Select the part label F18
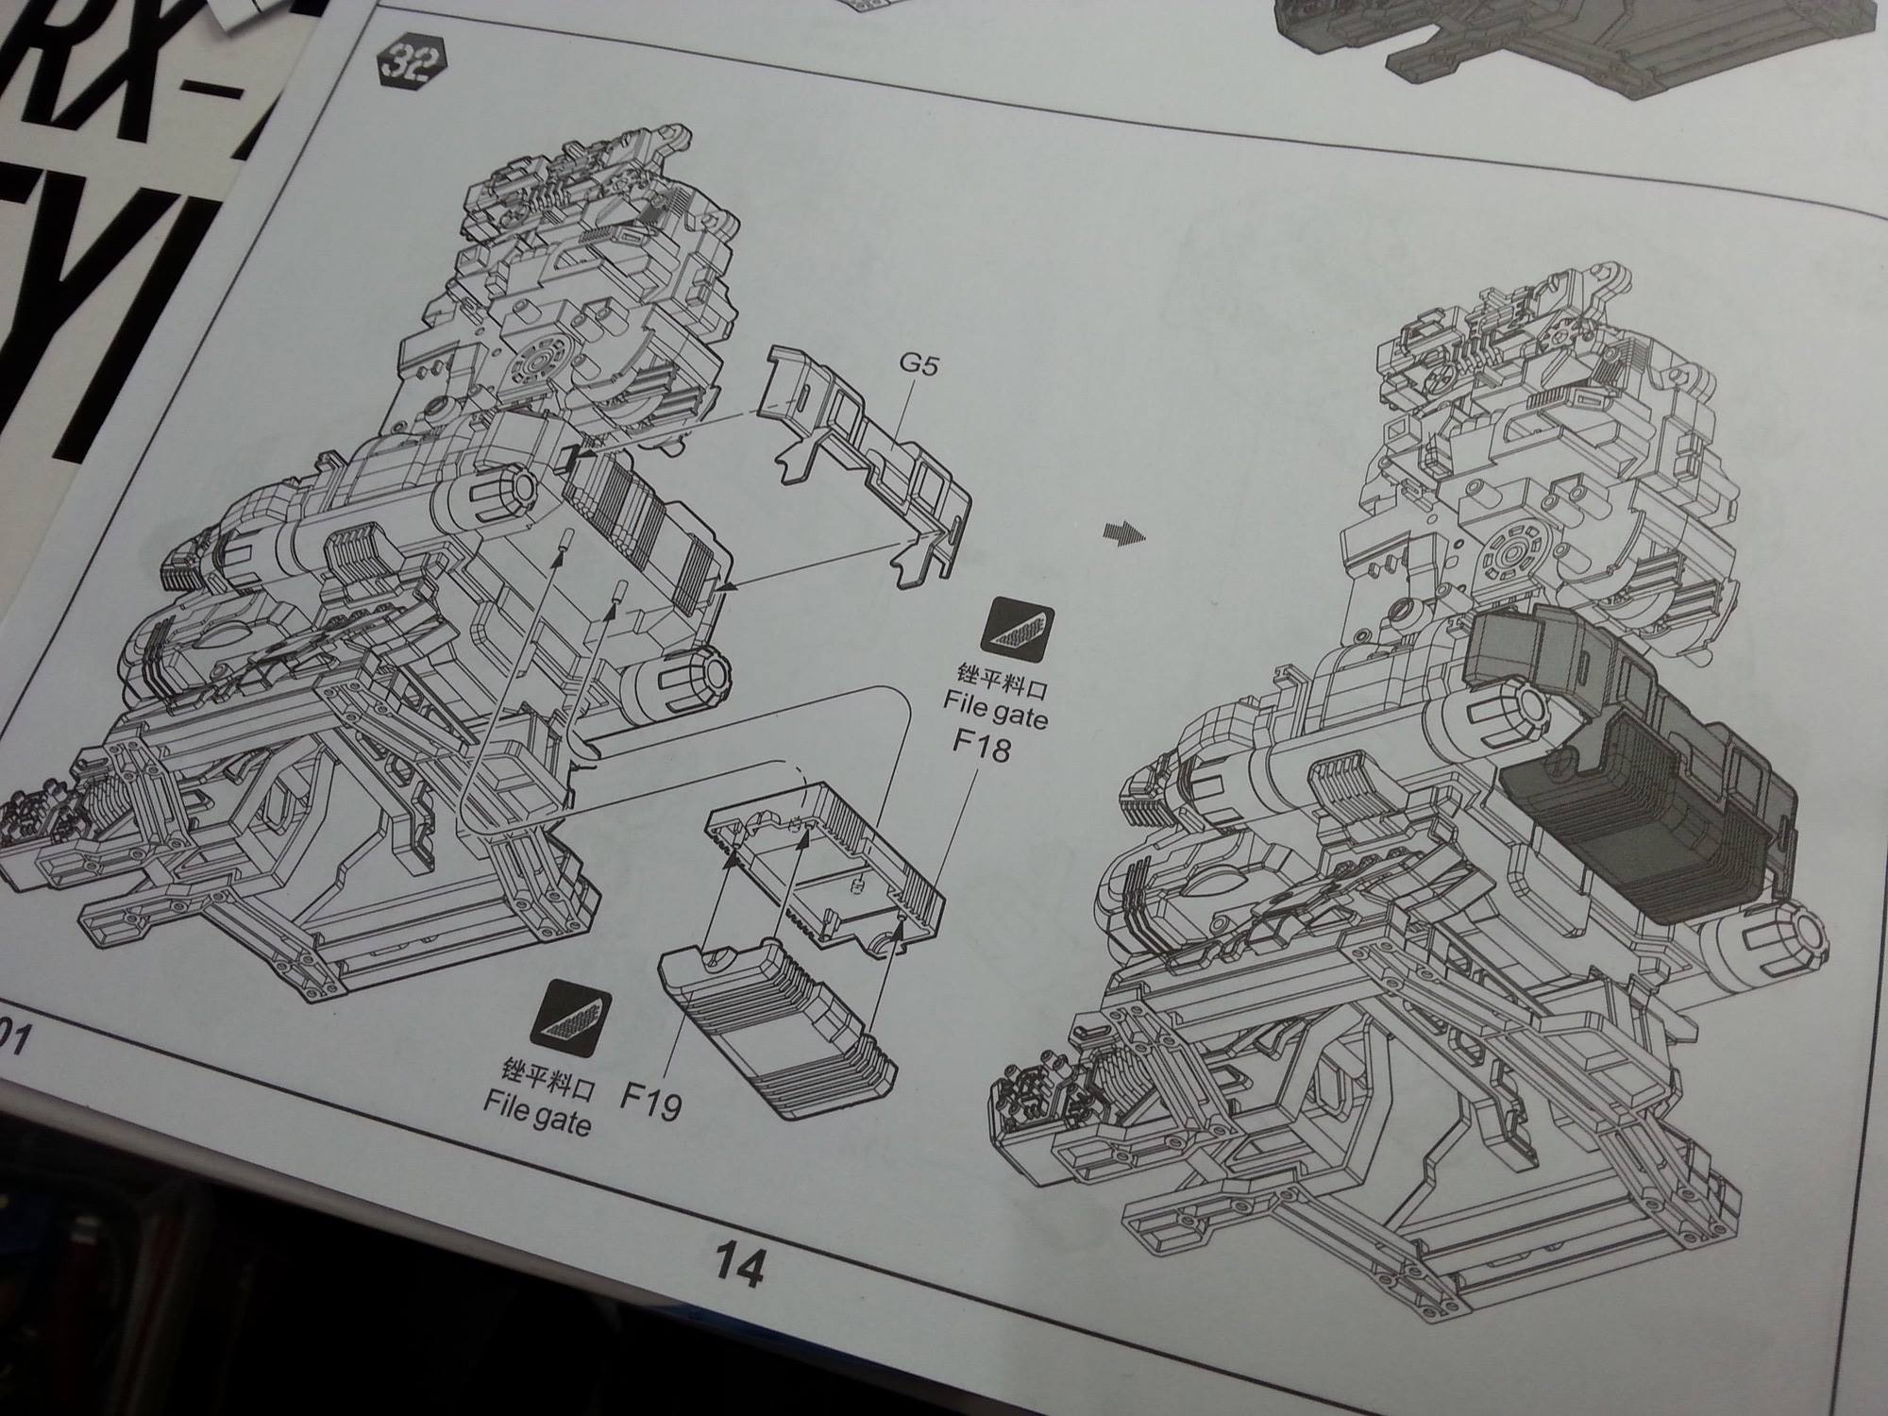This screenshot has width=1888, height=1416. (x=981, y=748)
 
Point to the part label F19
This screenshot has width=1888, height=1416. (x=651, y=1100)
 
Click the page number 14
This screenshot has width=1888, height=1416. (x=739, y=1264)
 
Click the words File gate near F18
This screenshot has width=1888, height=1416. (x=995, y=708)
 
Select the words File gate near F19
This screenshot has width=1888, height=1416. (x=537, y=1113)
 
